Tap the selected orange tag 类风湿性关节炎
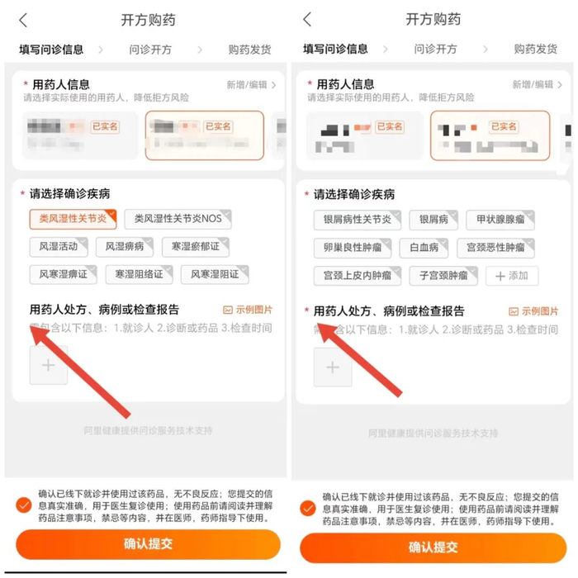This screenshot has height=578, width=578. point(73,219)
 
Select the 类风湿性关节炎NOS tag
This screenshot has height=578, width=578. point(178,219)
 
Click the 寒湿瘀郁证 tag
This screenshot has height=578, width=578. point(196,246)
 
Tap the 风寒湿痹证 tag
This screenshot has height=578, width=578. point(63,274)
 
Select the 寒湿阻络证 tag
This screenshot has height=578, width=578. point(139,274)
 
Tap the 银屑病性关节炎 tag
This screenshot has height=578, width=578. point(358,220)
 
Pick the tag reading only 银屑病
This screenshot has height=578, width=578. point(433,220)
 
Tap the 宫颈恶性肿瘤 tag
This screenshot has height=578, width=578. point(495,248)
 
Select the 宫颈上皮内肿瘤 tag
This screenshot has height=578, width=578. point(358,275)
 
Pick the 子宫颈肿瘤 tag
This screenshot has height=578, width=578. point(443,275)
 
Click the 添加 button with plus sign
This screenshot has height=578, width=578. point(512,275)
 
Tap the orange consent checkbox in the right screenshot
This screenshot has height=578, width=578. point(307,508)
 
